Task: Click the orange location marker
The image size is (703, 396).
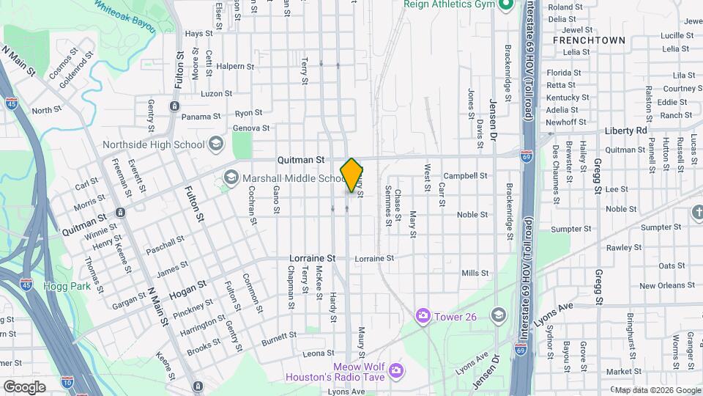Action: click(352, 175)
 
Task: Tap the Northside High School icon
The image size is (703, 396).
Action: click(215, 144)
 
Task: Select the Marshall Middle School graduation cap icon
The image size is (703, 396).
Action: click(231, 177)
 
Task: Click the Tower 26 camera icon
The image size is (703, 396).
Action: click(423, 315)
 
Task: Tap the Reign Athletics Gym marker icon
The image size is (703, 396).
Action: click(505, 6)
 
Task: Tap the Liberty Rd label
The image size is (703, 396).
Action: click(626, 131)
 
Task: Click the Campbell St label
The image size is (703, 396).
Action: click(465, 176)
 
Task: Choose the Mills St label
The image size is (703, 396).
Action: click(475, 273)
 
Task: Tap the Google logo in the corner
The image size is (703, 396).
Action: click(24, 387)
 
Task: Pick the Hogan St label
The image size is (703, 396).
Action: click(183, 295)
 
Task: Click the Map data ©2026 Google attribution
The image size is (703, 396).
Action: click(657, 389)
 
